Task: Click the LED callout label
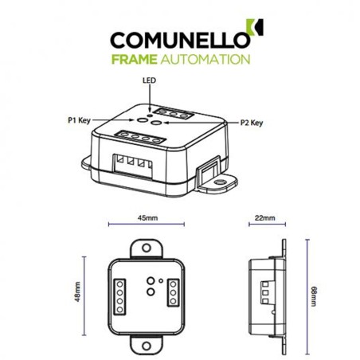click(148, 80)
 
